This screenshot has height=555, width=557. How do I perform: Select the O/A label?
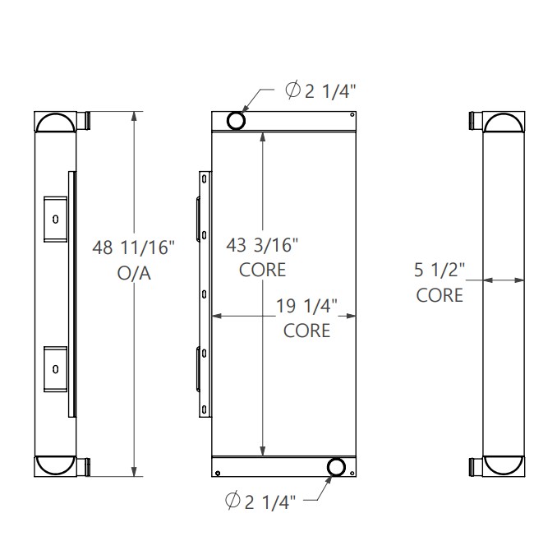point(135,274)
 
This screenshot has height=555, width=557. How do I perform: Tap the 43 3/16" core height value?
point(262,243)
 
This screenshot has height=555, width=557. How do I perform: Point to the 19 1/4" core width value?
point(307,305)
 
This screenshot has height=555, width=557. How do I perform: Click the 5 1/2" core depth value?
point(440,268)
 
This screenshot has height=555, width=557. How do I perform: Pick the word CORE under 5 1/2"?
point(440,294)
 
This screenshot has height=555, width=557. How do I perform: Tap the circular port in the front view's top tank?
point(237,120)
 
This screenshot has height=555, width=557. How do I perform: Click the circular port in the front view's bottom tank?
point(336,468)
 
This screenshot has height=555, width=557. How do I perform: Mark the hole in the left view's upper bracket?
point(55,219)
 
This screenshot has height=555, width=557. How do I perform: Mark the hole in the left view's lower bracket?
point(55,368)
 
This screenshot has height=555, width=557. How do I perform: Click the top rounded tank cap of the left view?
point(55,123)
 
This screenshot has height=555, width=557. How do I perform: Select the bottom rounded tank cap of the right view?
point(503,465)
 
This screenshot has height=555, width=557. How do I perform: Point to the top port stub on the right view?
point(474,121)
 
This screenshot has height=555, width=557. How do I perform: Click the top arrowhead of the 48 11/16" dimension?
point(135,118)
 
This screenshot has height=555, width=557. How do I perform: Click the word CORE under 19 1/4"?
point(307,331)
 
